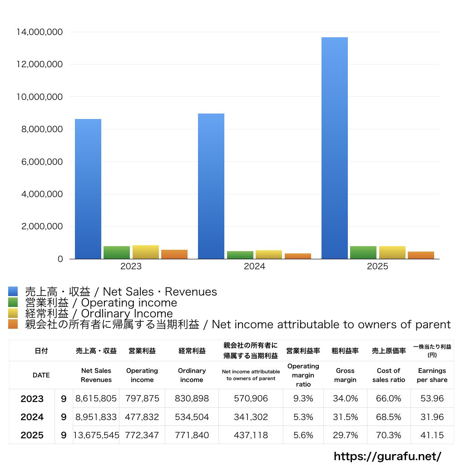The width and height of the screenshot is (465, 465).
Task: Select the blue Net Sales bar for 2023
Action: click(88, 189)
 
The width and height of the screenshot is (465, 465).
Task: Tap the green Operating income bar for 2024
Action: click(240, 255)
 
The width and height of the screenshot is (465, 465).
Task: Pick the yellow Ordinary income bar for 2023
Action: click(145, 252)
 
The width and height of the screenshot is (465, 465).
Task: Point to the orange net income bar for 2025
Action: click(421, 255)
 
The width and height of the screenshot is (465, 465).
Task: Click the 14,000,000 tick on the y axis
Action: click(39, 32)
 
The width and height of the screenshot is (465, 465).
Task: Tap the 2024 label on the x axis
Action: click(254, 267)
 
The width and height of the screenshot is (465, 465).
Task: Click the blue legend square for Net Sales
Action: click(13, 292)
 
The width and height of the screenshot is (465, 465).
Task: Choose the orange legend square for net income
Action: click(13, 324)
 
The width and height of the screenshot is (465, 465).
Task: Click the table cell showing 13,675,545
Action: click(96, 435)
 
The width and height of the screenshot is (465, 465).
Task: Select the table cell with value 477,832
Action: click(142, 417)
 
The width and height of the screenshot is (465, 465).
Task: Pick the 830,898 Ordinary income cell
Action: click(192, 399)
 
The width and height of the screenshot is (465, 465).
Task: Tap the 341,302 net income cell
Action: click(251, 417)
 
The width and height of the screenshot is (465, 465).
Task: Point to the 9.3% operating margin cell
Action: click(303, 399)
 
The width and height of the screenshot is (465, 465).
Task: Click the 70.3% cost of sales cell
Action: click(389, 435)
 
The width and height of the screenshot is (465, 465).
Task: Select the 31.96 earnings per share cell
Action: click(432, 417)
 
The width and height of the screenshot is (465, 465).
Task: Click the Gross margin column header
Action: click(345, 375)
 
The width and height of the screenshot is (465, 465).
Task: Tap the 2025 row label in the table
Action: click(32, 435)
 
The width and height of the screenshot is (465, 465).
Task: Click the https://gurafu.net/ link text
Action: click(387, 456)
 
